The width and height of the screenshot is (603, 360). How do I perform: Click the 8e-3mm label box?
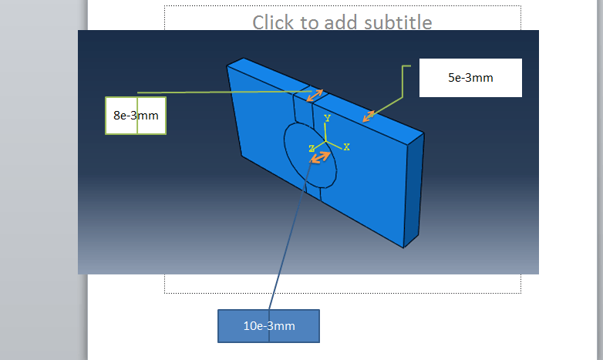pos(136,116)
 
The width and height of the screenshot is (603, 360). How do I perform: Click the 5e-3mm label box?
pos(470,78)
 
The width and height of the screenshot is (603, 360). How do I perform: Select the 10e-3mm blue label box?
pos(268,326)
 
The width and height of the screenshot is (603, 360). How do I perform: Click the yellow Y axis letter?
pos(327,119)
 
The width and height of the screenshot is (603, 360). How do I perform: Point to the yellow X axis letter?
pos(347,146)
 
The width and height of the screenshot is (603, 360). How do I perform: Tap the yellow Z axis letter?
pos(312,148)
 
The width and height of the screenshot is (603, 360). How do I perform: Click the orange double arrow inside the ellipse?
pos(320,157)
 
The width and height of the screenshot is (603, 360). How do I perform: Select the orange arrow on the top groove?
pos(314,95)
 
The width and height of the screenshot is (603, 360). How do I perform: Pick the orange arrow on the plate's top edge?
pos(370,116)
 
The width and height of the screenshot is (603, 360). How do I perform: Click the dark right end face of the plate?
pos(414,189)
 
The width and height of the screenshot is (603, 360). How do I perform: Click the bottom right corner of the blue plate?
pos(403,247)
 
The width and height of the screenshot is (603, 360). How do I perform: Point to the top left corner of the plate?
pos(227,66)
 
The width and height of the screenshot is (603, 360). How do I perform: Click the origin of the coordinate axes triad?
pos(327,143)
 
